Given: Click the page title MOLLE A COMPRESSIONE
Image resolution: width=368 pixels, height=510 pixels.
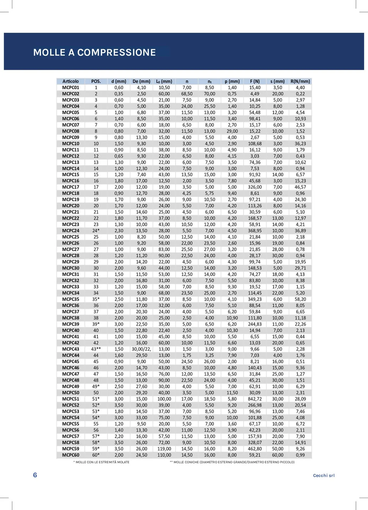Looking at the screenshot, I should pos(94,52).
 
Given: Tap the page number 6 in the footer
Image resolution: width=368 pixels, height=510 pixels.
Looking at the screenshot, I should pos(35,475).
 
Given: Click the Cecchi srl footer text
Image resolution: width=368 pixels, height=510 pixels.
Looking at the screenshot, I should pos(324,475).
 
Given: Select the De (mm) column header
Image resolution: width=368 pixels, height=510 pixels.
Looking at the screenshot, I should pos(141,81).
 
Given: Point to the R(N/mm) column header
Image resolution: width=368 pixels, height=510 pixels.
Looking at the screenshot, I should pos(300,81).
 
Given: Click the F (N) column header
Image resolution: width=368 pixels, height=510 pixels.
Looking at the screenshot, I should pos(255,81).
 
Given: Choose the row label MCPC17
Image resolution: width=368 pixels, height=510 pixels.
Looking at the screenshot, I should pos(71,187).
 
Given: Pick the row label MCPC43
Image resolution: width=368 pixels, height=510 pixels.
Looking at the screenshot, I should pos(71,349).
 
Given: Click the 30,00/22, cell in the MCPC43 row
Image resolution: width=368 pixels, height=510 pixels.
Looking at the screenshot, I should pos(141,349).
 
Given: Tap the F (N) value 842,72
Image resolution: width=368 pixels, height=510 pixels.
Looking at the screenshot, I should pos(255,399).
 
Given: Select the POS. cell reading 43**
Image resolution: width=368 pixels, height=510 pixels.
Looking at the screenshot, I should pos(96,349).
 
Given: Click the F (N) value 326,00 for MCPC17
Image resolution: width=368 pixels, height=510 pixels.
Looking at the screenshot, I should pos(255,187).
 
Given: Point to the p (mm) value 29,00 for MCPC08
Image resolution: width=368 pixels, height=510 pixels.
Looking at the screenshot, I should pos(232,131).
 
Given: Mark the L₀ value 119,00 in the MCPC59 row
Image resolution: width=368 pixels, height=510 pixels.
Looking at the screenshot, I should pos(164,449).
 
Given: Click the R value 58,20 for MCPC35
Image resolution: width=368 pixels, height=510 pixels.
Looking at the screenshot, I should pos(300,299).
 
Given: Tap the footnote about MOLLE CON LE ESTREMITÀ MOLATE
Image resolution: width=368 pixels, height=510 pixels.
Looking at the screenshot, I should pos(101,462).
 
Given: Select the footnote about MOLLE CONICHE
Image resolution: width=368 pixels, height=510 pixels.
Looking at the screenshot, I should pos(232,462).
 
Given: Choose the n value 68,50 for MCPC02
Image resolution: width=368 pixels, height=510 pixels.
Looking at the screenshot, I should pos(187,94).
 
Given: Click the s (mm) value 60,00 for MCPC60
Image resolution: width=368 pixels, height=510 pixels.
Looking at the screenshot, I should pos(278,455).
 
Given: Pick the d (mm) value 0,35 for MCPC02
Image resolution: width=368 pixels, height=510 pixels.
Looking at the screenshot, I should pos(119,94).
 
